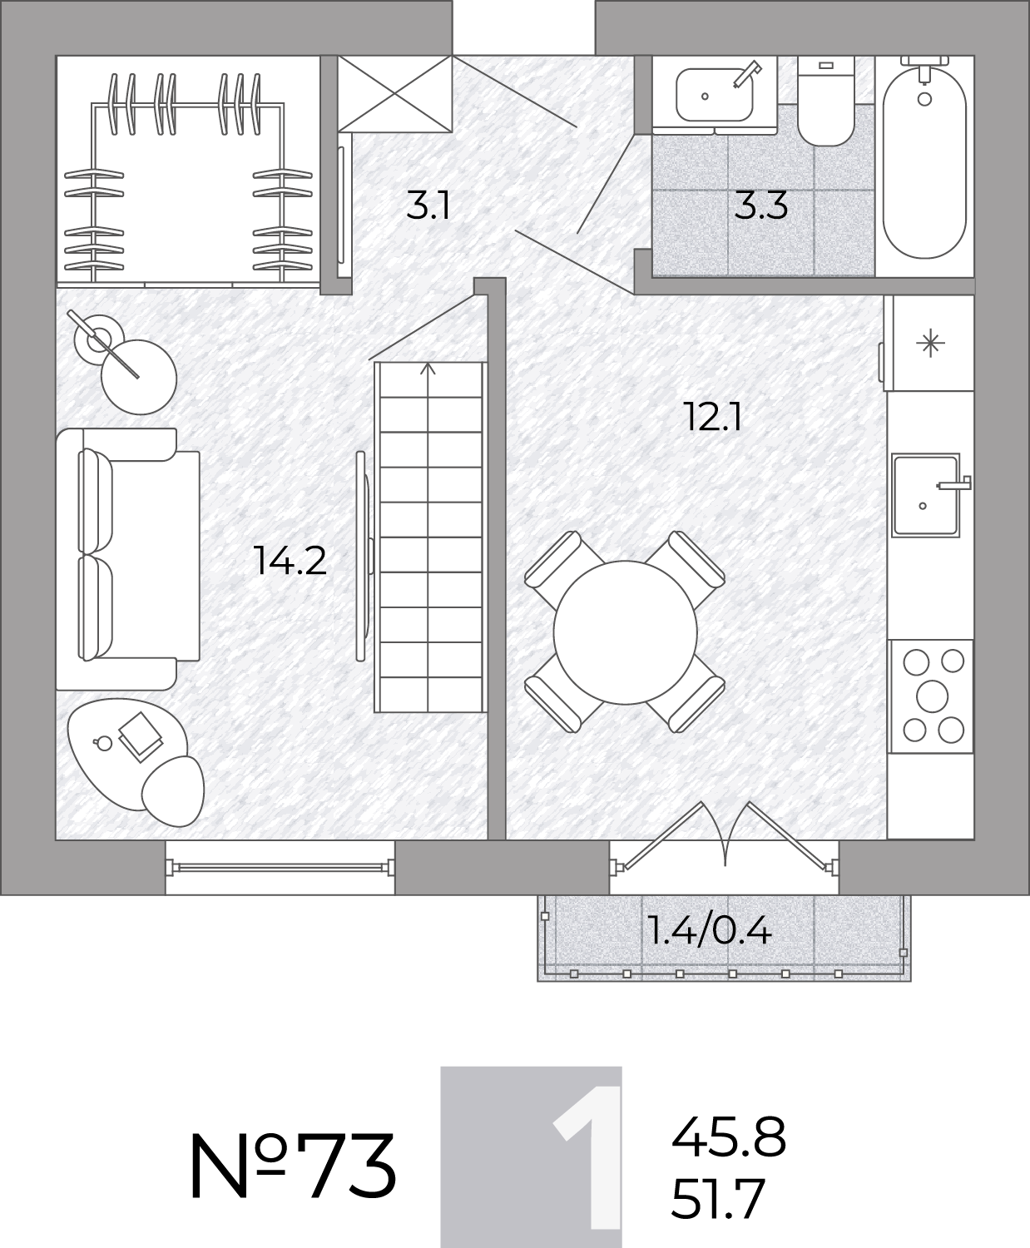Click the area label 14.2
pyautogui.click(x=290, y=561)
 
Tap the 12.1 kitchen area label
pyautogui.click(x=713, y=417)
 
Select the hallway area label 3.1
pyautogui.click(x=428, y=206)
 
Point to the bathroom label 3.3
pyautogui.click(x=761, y=206)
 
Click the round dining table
pyautogui.click(x=626, y=631)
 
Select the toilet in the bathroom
pyautogui.click(x=825, y=101)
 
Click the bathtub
pyautogui.click(x=924, y=162)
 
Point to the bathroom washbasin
pyautogui.click(x=715, y=95)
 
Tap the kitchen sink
pyautogui.click(x=926, y=494)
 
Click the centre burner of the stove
pyautogui.click(x=932, y=696)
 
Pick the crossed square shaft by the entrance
pyautogui.click(x=394, y=93)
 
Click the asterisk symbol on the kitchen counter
pyautogui.click(x=930, y=344)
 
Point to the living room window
pyautogui.click(x=280, y=867)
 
